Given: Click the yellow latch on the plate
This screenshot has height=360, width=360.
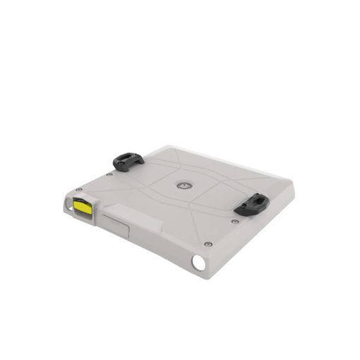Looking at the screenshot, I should (x=83, y=207).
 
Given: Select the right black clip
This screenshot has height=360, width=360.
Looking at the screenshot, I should (x=251, y=205).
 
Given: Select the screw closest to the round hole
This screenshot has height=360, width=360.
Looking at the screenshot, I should (x=207, y=244).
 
